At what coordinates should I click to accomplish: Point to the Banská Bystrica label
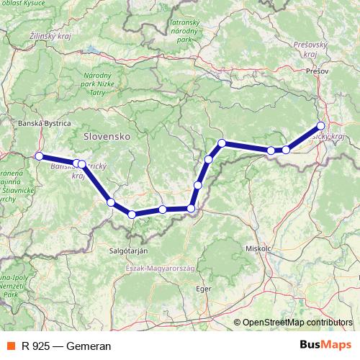point(40,122)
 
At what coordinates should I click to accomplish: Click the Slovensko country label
point(106,135)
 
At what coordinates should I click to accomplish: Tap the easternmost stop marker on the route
point(321,127)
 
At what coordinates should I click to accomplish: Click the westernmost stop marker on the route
point(39,156)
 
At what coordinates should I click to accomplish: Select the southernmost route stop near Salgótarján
point(132,214)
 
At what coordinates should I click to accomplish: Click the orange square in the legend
point(11,346)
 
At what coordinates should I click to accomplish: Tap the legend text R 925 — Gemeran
point(66,346)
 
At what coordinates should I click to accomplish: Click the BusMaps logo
point(325,346)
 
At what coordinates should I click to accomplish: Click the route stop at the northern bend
point(222,143)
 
